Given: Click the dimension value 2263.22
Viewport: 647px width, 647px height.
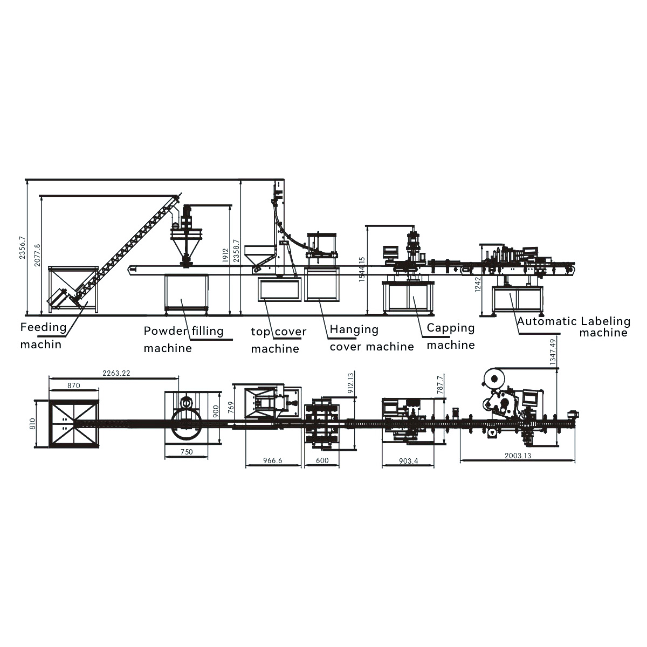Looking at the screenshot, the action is click(x=116, y=373).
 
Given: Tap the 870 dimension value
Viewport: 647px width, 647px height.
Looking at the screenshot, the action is click(x=73, y=386).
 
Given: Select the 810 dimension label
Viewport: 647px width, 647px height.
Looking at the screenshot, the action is click(x=32, y=424).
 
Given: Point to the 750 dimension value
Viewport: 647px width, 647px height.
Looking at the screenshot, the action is click(x=187, y=452).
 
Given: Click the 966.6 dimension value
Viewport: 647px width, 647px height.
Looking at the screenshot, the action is click(x=273, y=460).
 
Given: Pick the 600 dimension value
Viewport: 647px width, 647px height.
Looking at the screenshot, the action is click(x=322, y=460).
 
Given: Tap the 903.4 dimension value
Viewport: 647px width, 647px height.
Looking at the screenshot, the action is click(x=408, y=461).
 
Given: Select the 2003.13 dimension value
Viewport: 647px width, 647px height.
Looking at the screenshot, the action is click(x=518, y=456).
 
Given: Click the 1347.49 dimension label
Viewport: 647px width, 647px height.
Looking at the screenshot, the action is click(x=553, y=352).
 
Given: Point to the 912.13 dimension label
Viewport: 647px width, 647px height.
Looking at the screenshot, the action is click(x=350, y=383).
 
